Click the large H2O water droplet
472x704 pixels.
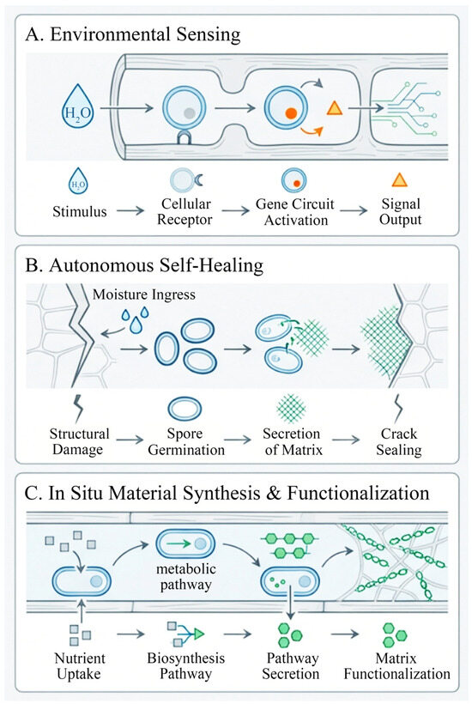(x=77, y=109)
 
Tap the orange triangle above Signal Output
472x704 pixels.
(x=399, y=180)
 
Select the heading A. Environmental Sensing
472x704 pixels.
(x=133, y=35)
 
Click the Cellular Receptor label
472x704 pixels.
(x=186, y=211)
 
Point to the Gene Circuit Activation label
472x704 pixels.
(x=294, y=211)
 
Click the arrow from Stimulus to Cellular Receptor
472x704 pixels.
(x=130, y=210)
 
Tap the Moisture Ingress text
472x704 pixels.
(x=144, y=294)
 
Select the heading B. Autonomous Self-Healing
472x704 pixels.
(x=144, y=265)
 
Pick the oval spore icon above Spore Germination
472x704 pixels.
(x=185, y=409)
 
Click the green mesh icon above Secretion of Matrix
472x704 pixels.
(x=291, y=409)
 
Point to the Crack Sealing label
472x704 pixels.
(x=398, y=441)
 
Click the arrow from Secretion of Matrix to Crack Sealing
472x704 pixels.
(x=346, y=440)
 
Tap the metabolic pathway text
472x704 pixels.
(x=185, y=576)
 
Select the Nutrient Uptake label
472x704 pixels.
(x=80, y=666)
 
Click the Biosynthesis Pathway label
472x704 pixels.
(x=185, y=666)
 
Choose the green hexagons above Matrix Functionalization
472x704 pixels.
(x=395, y=634)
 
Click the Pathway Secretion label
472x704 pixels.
(x=291, y=666)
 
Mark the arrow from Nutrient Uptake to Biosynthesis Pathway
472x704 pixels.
(x=130, y=634)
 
